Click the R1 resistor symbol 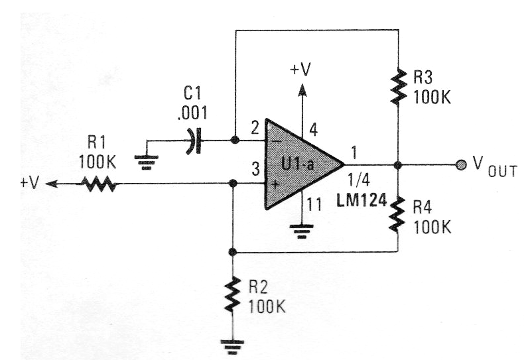(x=99, y=186)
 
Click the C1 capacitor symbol (x=193, y=141)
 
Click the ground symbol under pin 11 (x=302, y=231)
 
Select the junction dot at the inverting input (x=234, y=141)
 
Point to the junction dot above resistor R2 (x=232, y=253)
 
